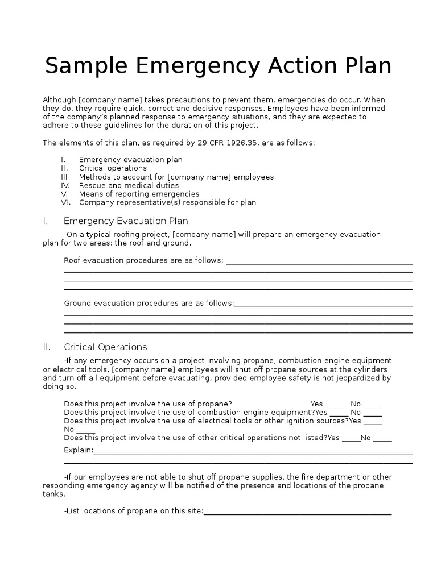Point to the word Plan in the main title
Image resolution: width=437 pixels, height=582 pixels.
tap(365, 66)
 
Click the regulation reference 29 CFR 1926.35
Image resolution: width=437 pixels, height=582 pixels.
tap(228, 143)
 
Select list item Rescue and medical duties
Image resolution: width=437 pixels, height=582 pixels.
tap(129, 185)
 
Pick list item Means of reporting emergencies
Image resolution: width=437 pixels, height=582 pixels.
tap(139, 194)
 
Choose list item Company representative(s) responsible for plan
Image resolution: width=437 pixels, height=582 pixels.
tap(167, 202)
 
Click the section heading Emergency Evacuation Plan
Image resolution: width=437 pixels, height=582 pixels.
tap(126, 221)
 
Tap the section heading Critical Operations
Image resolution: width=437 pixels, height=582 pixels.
tap(105, 347)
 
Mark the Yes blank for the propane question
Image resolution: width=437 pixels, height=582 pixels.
tap(335, 405)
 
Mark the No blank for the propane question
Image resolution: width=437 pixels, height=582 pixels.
tap(373, 405)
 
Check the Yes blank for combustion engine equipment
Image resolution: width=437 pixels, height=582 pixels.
tap(337, 413)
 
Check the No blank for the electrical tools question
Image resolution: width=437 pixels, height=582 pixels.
tap(85, 430)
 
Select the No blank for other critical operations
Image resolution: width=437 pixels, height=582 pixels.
tap(382, 438)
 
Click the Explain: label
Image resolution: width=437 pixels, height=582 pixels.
tap(79, 450)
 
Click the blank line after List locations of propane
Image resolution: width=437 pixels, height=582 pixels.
tap(298, 512)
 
